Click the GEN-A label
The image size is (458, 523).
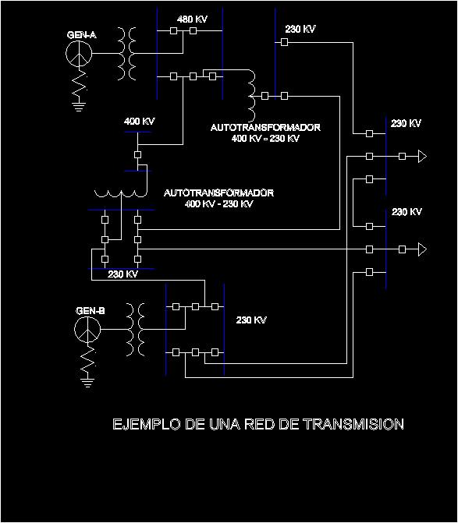(x=82, y=35)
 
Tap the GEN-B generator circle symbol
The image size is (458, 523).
(x=87, y=330)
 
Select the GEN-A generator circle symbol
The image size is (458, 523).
(x=79, y=54)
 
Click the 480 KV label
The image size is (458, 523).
(x=192, y=19)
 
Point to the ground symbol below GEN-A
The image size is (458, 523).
(x=79, y=107)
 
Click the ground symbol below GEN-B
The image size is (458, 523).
(x=87, y=383)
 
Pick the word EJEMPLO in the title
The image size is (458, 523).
(x=147, y=424)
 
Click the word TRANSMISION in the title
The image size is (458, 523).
(x=353, y=424)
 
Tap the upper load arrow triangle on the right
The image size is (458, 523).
(x=422, y=156)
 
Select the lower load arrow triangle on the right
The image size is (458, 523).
(x=422, y=249)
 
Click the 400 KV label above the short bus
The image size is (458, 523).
(x=140, y=121)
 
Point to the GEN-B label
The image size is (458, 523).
(x=91, y=311)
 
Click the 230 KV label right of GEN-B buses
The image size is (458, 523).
(x=251, y=320)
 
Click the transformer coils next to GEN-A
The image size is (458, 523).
(x=127, y=54)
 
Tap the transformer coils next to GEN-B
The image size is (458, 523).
(x=136, y=330)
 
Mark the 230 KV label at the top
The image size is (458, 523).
(x=300, y=29)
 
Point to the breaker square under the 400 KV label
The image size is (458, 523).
(x=137, y=155)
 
